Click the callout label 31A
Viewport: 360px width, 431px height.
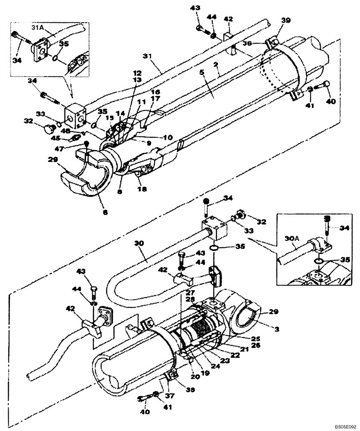point(39,27)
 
